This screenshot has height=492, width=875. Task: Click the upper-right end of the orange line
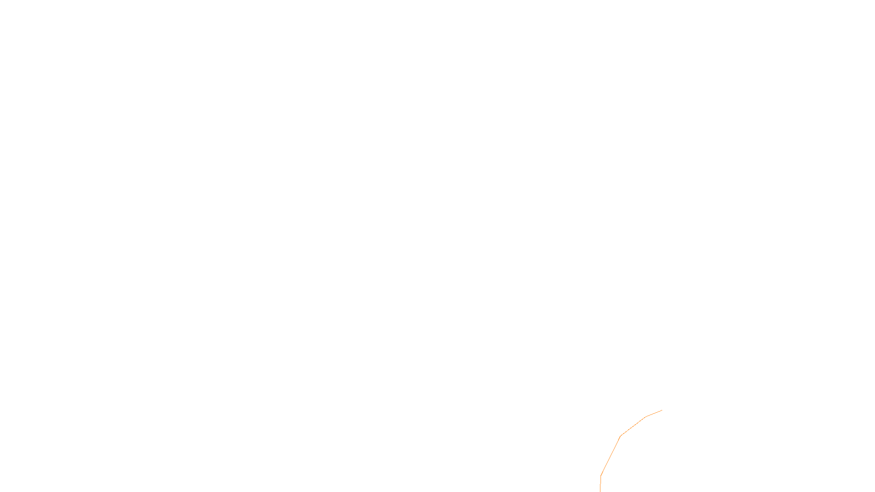coord(662,410)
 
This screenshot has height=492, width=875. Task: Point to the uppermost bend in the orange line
coord(646,417)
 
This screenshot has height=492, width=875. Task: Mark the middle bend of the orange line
coord(620,436)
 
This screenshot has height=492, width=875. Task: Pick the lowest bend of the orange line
coord(601,475)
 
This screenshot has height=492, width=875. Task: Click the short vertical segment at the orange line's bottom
coord(600,484)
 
